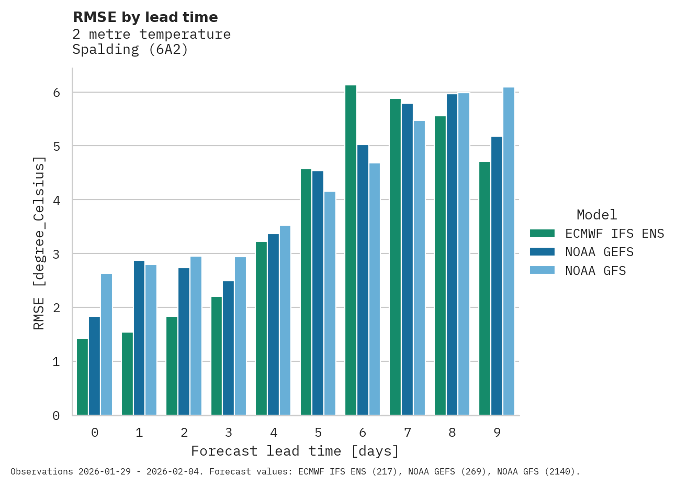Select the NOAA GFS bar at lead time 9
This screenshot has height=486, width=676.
(509, 251)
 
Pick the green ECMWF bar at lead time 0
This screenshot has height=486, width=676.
(82, 377)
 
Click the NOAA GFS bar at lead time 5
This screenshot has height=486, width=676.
(330, 303)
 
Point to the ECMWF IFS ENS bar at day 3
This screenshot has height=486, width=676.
(217, 356)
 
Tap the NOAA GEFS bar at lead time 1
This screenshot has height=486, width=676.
(139, 338)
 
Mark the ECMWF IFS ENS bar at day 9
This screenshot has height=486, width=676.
(485, 288)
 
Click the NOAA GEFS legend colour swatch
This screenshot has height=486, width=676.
(542, 252)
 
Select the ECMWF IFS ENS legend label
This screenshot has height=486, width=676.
(614, 234)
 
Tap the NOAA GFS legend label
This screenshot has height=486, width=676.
(595, 271)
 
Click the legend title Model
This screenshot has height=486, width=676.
(596, 215)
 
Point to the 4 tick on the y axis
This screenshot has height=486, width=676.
(56, 200)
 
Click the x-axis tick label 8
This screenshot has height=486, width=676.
(452, 433)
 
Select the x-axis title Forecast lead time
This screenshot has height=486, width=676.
(295, 451)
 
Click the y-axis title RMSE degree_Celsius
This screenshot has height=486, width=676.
(39, 243)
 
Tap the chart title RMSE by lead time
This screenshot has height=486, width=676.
(145, 17)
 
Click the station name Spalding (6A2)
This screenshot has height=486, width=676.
(130, 50)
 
